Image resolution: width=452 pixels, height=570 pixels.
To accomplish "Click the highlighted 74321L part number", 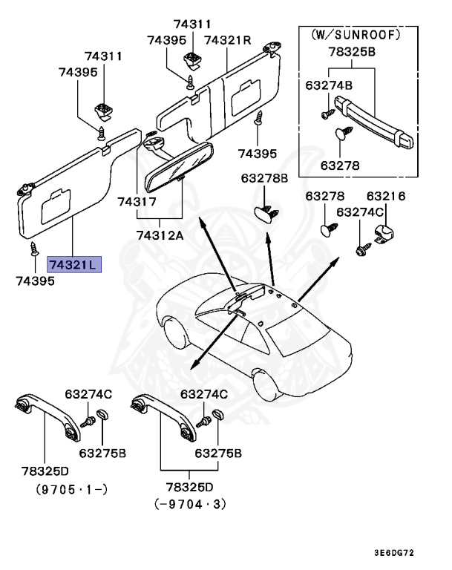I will pos(73,265).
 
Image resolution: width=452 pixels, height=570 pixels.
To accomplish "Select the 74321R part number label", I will pos(228,39).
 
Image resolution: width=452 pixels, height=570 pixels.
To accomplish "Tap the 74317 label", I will pos(137,202).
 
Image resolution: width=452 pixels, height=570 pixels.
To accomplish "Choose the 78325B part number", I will pos(352,53).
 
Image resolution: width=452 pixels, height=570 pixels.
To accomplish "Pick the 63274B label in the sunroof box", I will pos(328,85).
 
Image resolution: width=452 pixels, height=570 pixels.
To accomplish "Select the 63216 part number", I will pos(386,196).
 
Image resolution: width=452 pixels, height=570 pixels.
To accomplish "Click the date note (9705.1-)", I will pos(71,489).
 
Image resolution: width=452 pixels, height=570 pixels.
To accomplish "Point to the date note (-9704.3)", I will pos(189,505).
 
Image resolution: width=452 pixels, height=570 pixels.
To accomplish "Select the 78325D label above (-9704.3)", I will pos(189,487).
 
